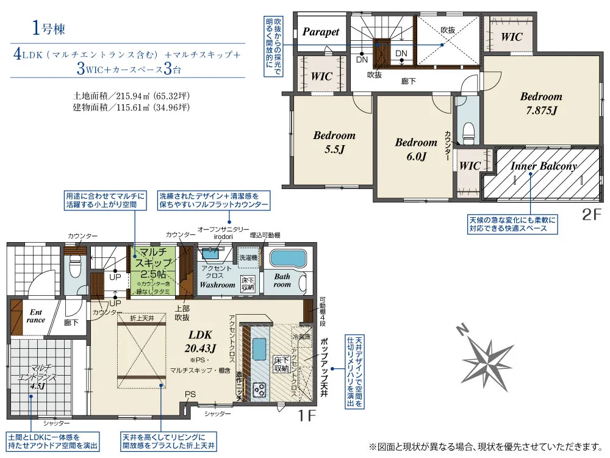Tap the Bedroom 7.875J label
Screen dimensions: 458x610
tap(541, 103)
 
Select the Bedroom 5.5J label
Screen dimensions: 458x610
tap(334, 142)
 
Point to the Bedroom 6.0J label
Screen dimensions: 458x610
tap(416, 149)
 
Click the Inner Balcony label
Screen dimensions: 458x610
tap(544, 166)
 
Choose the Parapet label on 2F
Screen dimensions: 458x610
tap(321, 32)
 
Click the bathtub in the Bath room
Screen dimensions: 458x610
tap(290, 259)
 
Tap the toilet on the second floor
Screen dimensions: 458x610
tap(468, 131)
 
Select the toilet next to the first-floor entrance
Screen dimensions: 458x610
tap(76, 267)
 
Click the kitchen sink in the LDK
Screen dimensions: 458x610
tap(258, 351)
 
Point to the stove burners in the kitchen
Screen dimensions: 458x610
tap(259, 388)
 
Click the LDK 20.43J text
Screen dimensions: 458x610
tap(201, 342)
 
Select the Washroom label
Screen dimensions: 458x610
tap(217, 284)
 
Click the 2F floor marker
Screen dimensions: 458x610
tap(592, 215)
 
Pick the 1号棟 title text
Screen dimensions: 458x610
tap(48, 27)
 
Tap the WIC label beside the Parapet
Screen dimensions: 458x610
tap(321, 76)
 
